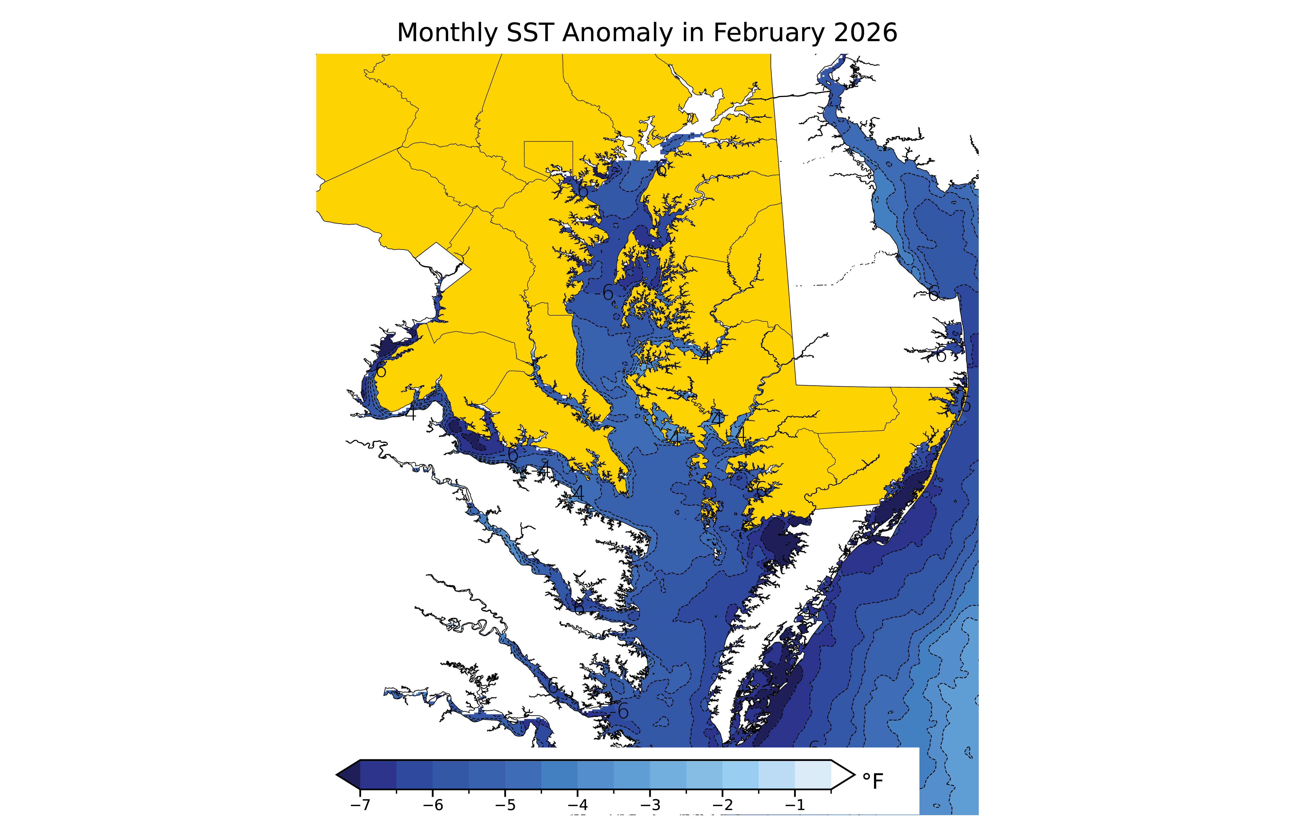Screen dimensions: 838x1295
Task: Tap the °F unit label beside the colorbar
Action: click(873, 781)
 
